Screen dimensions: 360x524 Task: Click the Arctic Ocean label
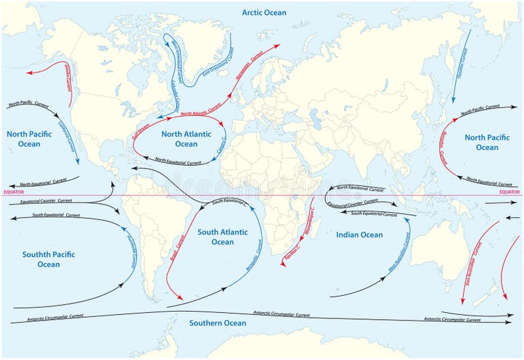coord(264,13)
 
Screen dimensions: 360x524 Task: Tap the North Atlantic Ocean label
coord(186,139)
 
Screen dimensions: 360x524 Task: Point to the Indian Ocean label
coord(360,235)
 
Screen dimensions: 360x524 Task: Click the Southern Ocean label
coord(218,322)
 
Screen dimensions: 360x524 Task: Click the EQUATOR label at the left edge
coord(14,192)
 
